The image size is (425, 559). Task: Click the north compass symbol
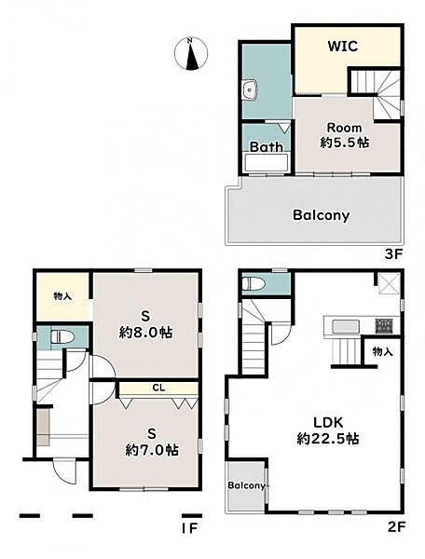coord(191,53)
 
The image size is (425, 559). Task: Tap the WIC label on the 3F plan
coord(343,46)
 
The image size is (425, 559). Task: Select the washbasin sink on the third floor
coord(249,89)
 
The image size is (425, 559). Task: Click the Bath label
coord(267,146)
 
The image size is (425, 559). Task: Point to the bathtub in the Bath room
coord(267,162)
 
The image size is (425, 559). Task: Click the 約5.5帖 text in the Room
coord(345,143)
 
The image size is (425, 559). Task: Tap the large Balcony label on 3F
coord(321,215)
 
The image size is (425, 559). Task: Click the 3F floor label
coord(393,253)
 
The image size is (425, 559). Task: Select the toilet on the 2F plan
coord(254,284)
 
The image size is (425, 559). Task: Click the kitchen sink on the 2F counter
coord(346,326)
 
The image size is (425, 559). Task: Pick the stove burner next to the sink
coord(384,325)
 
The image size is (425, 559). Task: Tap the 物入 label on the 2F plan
coord(382,351)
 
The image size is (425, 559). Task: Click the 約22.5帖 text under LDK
coord(328,439)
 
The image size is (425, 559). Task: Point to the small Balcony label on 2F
coord(246,485)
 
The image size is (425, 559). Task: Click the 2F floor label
coord(395,526)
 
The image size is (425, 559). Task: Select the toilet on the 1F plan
coord(62,336)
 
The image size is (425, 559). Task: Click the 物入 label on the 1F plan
coord(62,295)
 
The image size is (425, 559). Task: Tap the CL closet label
coord(158,388)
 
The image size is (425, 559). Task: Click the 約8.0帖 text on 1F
coord(145,333)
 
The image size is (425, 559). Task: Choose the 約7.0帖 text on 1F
coord(152,450)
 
